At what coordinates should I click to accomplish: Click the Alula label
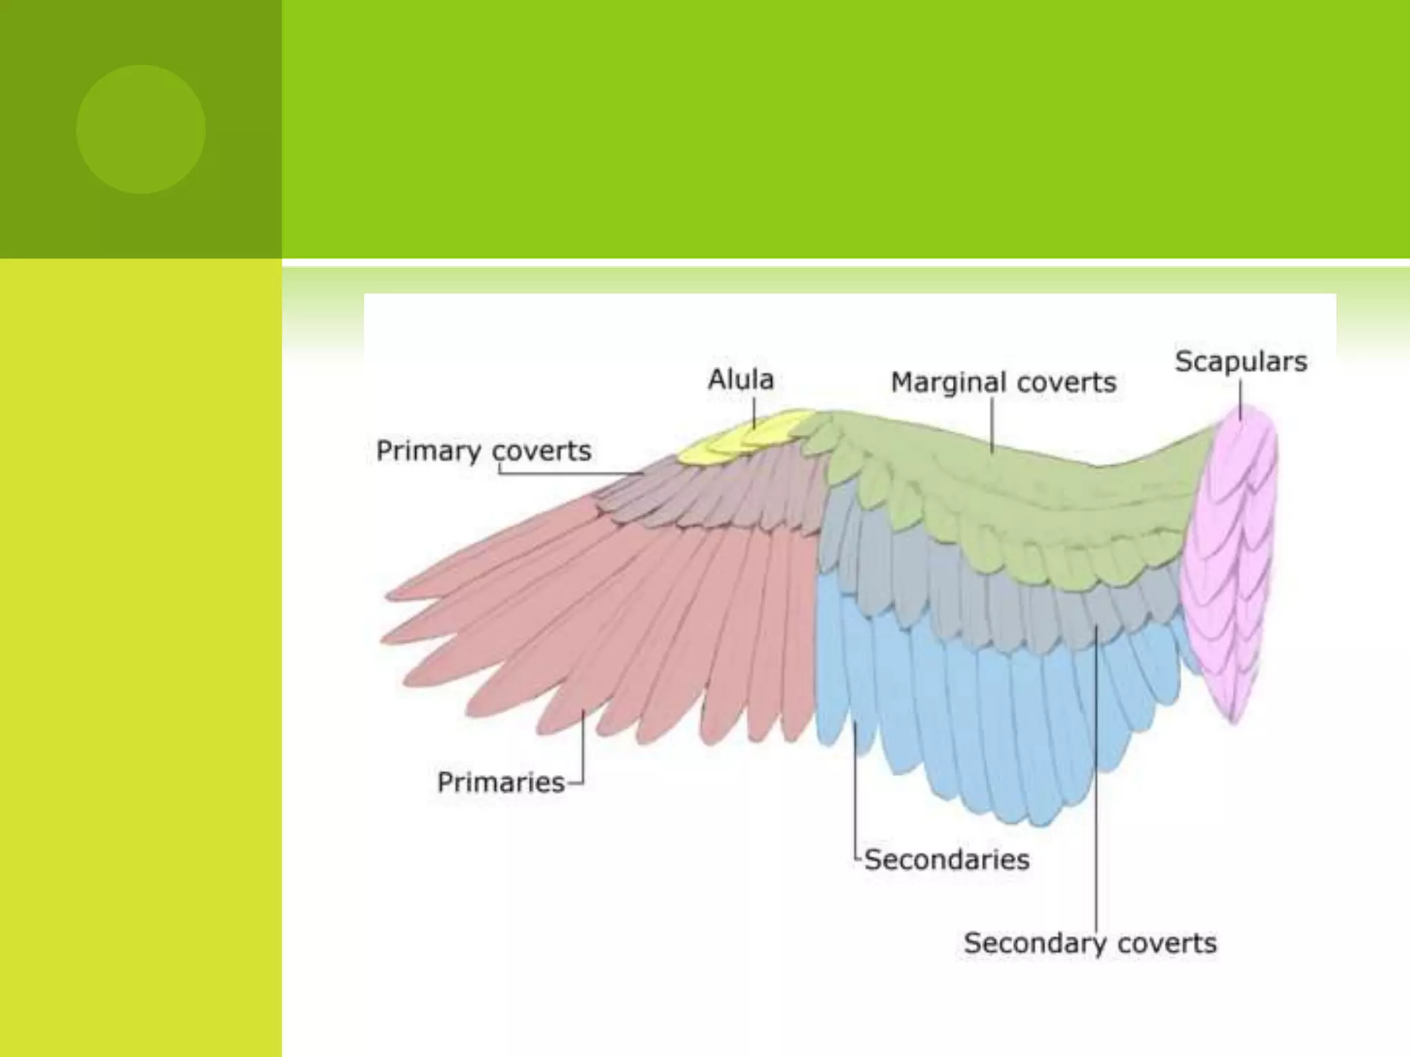[741, 379]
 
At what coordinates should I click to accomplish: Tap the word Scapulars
[1241, 361]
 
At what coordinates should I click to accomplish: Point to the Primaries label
[501, 782]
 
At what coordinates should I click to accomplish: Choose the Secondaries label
[947, 860]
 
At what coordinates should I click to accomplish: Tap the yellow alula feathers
[744, 438]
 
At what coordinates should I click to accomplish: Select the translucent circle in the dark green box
[140, 129]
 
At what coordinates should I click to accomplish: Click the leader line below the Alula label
[754, 414]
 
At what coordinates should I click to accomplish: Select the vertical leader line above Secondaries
[855, 791]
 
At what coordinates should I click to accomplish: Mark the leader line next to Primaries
[583, 750]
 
